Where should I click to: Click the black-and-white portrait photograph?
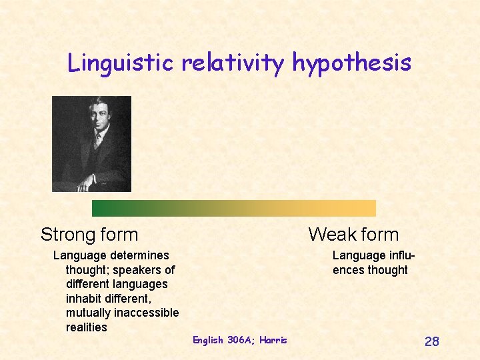(91, 143)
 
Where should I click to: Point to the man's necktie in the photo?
(97, 139)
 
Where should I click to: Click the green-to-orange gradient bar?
(233, 208)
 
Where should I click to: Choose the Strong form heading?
(89, 235)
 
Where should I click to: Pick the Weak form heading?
(353, 235)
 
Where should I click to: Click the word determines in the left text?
(139, 255)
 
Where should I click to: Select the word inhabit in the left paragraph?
(85, 299)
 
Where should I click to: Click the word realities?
(86, 327)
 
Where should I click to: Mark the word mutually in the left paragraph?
(87, 313)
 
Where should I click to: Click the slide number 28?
(431, 342)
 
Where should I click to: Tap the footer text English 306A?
(221, 340)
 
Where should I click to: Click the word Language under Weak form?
(359, 255)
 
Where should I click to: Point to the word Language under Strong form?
(79, 255)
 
